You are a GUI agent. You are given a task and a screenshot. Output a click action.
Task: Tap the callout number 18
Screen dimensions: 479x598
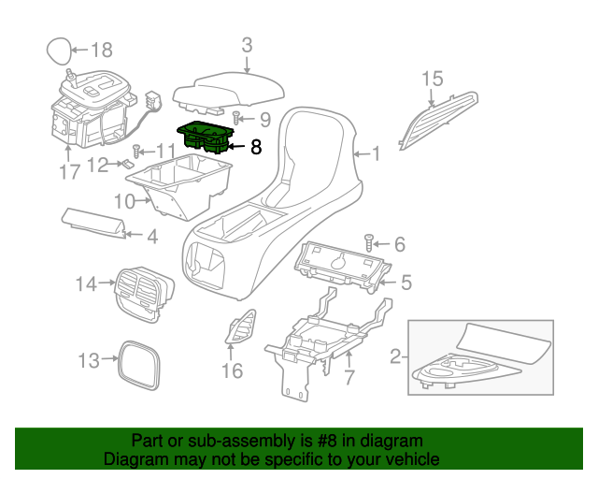pyautogui.click(x=101, y=50)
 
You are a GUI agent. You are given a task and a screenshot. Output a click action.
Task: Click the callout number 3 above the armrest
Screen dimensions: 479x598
pyautogui.click(x=247, y=44)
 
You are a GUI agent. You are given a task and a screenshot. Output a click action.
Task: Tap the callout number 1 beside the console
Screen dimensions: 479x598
pyautogui.click(x=376, y=153)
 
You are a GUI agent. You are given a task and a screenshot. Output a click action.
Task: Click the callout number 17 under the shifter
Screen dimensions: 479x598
pyautogui.click(x=70, y=171)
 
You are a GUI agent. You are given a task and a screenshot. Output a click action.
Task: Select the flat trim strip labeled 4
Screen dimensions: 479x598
pyautogui.click(x=93, y=222)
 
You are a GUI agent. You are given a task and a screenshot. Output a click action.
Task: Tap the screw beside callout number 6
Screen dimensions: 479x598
pyautogui.click(x=369, y=243)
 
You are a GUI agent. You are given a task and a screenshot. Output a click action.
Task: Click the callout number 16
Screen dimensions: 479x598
pyautogui.click(x=231, y=371)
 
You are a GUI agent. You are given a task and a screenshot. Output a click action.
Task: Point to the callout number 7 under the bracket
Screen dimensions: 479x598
pyautogui.click(x=349, y=377)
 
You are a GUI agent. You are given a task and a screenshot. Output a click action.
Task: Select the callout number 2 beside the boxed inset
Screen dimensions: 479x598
pyautogui.click(x=396, y=356)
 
